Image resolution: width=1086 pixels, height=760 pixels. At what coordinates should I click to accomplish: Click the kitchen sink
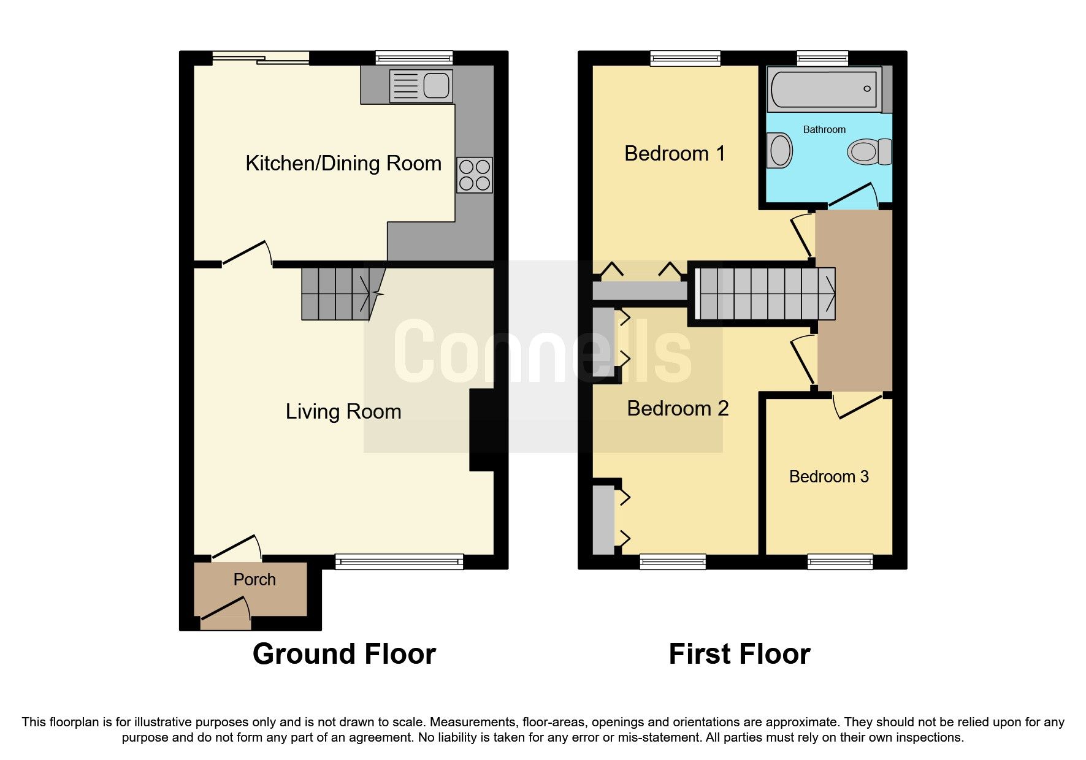[x=421, y=86]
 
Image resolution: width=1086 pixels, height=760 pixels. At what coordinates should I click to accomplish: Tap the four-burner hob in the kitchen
[x=475, y=175]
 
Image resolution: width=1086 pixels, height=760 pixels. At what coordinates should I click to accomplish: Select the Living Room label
[x=343, y=411]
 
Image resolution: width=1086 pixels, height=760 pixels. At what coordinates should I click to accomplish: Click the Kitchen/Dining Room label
[x=343, y=163]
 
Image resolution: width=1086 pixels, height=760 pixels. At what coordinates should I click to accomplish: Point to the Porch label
[x=254, y=579]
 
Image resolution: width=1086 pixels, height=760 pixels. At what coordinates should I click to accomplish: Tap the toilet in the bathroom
[x=868, y=151]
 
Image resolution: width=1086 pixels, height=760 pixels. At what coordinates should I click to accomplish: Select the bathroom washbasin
[x=780, y=150]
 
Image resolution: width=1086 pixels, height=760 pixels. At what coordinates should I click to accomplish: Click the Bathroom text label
[x=824, y=129]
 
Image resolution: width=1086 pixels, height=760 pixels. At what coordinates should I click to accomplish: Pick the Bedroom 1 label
[x=675, y=153]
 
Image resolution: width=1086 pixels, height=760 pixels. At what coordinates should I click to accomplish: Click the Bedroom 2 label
[x=678, y=408]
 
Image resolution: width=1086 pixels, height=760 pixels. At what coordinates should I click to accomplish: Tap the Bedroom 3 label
[x=828, y=476]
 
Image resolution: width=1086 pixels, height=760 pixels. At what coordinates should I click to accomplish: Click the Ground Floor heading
[x=344, y=654]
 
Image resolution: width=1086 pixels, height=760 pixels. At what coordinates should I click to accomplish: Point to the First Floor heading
[x=740, y=654]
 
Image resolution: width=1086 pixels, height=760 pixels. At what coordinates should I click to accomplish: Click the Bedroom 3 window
[x=840, y=561]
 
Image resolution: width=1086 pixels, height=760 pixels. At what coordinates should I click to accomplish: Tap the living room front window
[x=399, y=561]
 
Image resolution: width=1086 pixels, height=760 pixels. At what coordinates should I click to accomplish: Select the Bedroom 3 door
[x=858, y=407]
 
